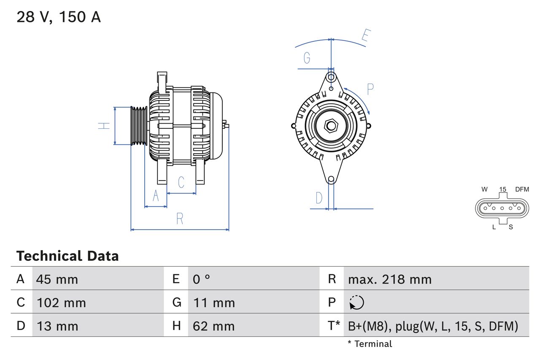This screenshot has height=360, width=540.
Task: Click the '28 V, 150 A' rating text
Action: click(59, 17)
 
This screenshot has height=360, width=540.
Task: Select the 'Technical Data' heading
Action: click(67, 256)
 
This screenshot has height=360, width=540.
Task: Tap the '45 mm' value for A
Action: click(57, 279)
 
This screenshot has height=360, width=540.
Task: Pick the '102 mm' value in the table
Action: click(61, 303)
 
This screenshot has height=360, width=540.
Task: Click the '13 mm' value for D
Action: click(57, 326)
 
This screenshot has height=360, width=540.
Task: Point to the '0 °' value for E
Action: click(202, 279)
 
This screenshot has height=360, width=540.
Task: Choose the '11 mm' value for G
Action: click(214, 303)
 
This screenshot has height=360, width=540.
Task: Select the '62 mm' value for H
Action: click(213, 326)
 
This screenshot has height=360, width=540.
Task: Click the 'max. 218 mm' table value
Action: click(389, 279)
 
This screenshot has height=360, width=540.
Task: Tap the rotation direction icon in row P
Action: click(356, 303)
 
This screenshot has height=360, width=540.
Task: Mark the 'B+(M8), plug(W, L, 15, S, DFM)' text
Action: click(433, 326)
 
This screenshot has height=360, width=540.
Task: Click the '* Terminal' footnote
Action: click(370, 344)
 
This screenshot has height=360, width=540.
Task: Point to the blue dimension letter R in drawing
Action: click(180, 219)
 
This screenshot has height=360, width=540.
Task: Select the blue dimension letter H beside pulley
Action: click(104, 125)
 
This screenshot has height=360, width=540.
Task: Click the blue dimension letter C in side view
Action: click(181, 182)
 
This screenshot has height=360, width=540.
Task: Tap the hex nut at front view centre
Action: click(331, 125)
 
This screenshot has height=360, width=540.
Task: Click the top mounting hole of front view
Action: click(331, 77)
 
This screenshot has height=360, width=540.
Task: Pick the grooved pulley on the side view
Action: click(138, 126)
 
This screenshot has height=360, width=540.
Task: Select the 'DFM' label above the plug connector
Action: click(521, 189)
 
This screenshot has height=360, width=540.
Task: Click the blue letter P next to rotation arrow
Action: click(370, 89)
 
